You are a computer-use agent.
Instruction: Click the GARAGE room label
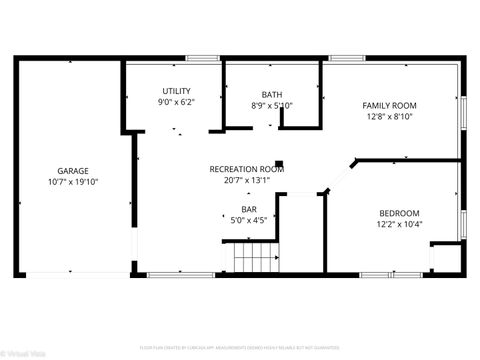(x=74, y=171)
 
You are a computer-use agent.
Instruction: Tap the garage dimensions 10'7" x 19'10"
(x=74, y=182)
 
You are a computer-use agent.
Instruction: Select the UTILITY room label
(x=176, y=91)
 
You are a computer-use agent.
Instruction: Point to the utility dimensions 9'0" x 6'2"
(x=176, y=102)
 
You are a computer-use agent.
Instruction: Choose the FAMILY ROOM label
(x=389, y=105)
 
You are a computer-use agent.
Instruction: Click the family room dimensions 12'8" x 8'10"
(x=389, y=116)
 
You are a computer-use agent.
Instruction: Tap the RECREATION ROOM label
(x=246, y=170)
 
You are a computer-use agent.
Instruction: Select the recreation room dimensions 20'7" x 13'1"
(x=246, y=181)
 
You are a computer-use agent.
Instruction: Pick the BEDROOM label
(x=398, y=212)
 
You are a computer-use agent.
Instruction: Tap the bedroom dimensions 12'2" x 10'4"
(x=398, y=223)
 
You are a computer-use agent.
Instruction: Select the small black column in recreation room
(x=281, y=163)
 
